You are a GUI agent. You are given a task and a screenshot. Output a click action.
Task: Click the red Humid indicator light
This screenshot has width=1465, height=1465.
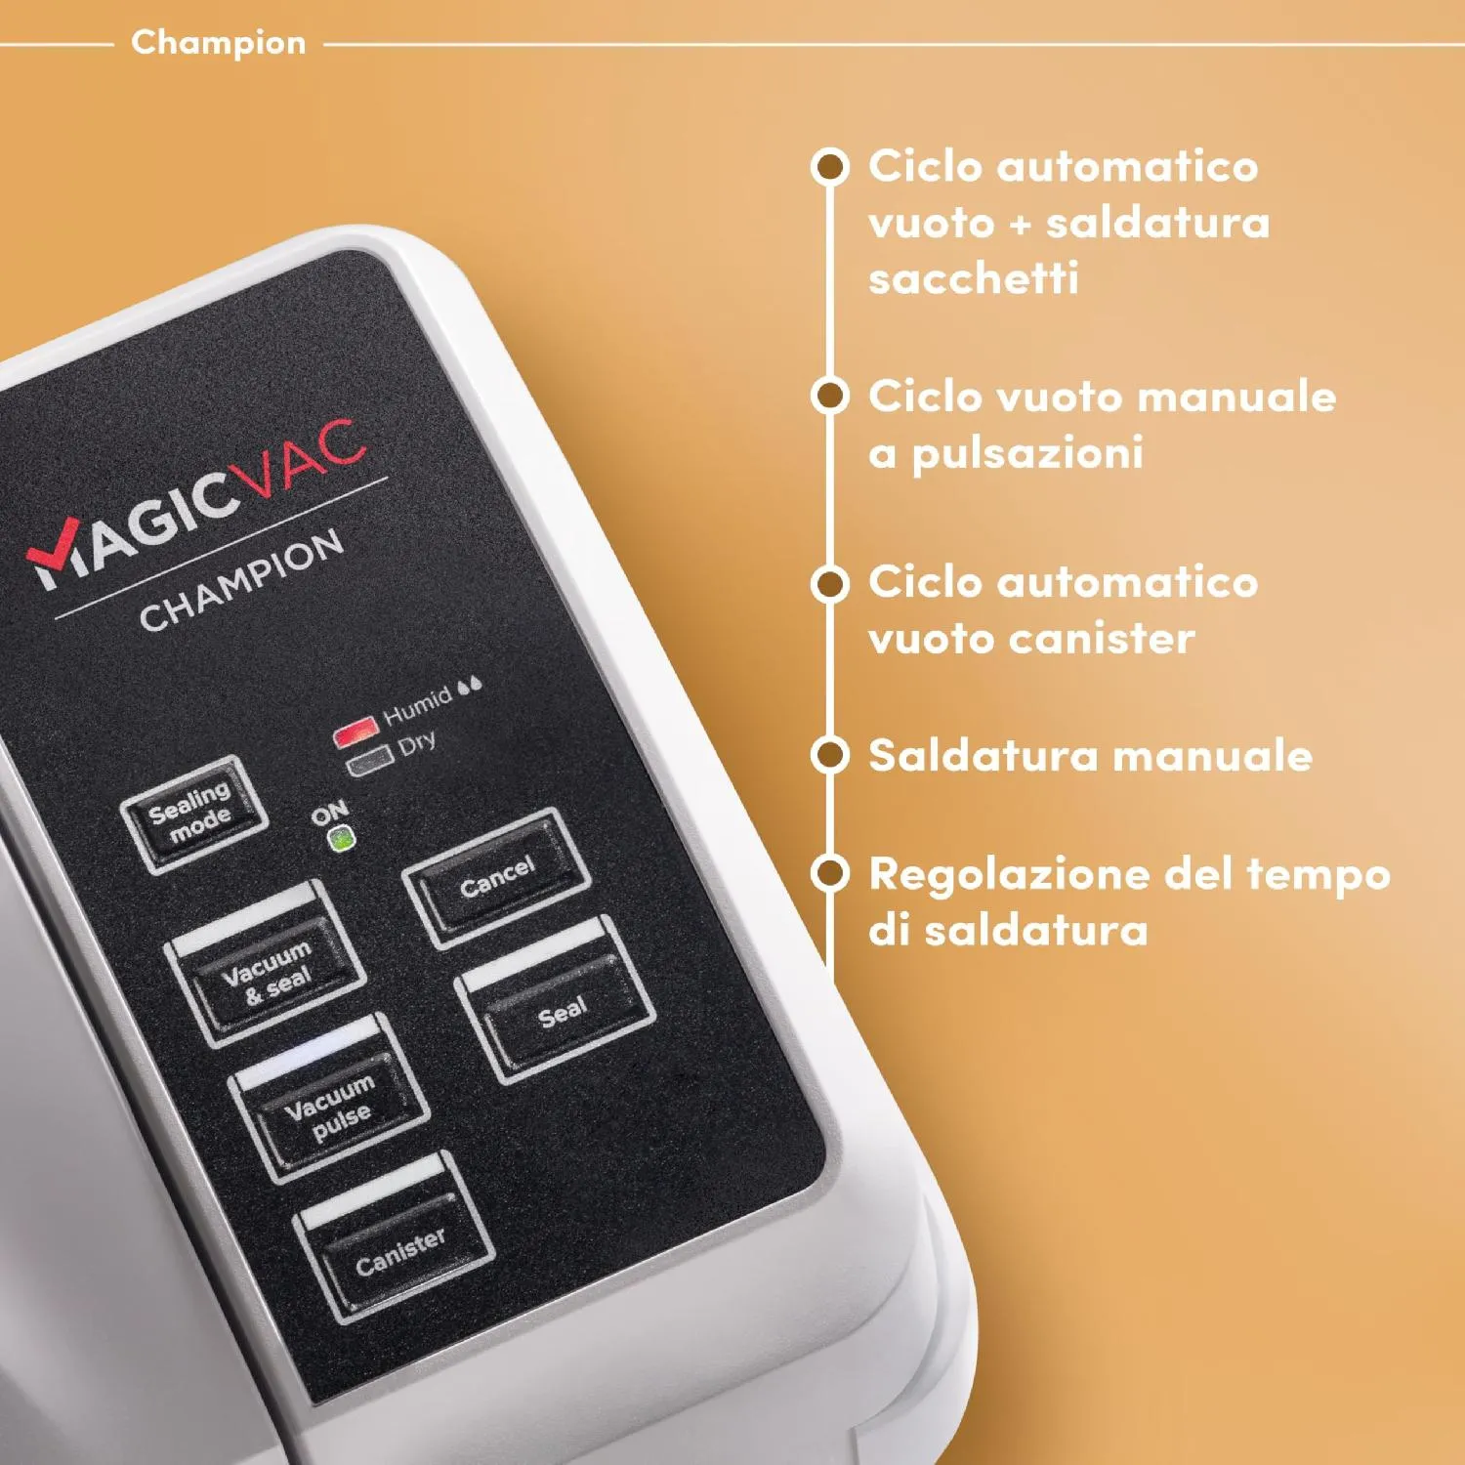pos(356,732)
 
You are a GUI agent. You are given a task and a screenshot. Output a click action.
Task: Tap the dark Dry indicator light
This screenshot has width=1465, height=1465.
pos(371,762)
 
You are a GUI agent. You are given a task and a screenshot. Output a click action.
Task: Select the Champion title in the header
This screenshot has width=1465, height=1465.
pos(219,43)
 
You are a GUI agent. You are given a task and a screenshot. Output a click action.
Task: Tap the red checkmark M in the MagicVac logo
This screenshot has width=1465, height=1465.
pos(57,554)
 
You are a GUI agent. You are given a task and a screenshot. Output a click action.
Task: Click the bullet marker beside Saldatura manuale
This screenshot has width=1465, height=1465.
pos(829,755)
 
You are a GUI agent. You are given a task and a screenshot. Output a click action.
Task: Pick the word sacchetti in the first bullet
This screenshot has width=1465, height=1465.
pos(974,278)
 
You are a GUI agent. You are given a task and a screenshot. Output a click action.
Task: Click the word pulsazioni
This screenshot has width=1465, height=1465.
pos(1027,454)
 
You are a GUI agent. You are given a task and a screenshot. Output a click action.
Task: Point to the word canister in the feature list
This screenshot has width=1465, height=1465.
pos(1102,639)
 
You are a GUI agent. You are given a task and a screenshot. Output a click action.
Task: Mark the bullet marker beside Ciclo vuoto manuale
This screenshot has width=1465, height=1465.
pos(829,396)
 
